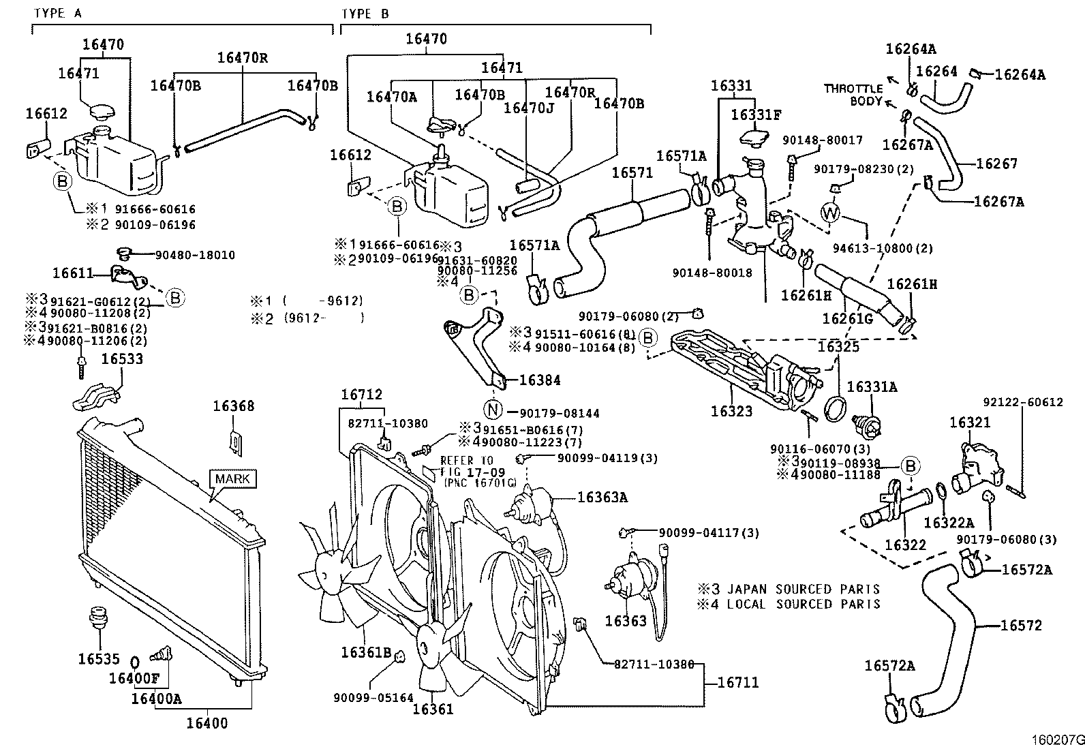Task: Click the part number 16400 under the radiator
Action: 207,723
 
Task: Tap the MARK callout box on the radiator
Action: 232,479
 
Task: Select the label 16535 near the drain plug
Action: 98,659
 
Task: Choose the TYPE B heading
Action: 365,13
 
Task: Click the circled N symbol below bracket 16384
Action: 493,410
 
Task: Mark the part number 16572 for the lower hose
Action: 1021,625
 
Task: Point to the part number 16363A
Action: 602,498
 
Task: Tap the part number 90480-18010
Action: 195,256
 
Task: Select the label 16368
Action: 233,406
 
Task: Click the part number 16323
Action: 731,411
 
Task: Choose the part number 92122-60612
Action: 1022,402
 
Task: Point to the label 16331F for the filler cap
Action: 756,114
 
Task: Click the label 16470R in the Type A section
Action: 243,58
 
